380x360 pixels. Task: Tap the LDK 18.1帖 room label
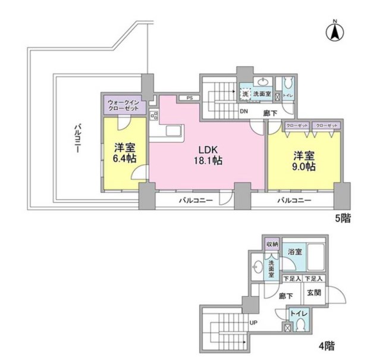click(x=210, y=154)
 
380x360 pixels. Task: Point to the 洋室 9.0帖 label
click(x=303, y=161)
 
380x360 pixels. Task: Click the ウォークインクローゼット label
click(x=123, y=106)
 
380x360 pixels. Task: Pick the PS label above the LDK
click(x=189, y=98)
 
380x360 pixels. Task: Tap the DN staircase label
click(x=244, y=111)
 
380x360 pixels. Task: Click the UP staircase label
click(x=253, y=323)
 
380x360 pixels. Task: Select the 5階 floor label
click(x=343, y=219)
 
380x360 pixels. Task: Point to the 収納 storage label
click(x=272, y=243)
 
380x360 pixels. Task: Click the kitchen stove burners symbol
click(x=154, y=116)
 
